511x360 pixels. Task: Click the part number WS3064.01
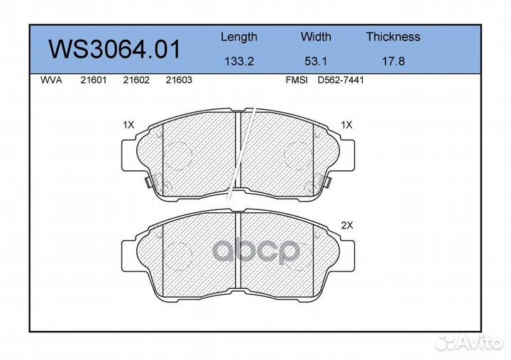(114, 49)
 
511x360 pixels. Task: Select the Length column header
(239, 37)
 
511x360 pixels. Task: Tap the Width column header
(316, 36)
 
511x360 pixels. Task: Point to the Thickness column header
(393, 36)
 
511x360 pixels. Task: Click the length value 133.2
(239, 61)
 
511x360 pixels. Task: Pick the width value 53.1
(316, 61)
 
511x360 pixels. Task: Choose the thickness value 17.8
(393, 61)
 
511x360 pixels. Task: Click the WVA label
(51, 80)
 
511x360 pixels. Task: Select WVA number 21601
(94, 80)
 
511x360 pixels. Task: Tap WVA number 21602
(136, 80)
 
